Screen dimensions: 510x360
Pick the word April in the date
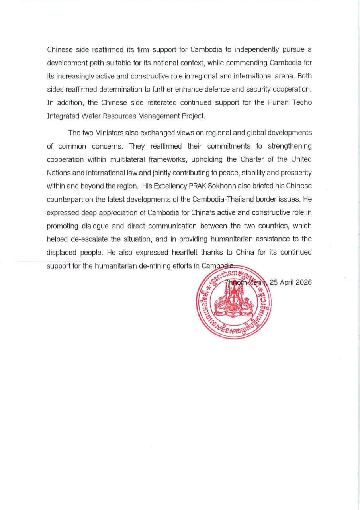283,282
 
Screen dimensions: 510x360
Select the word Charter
252,159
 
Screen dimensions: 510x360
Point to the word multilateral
108,159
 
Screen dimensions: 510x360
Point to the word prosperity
295,173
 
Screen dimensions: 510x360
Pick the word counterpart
67,199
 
